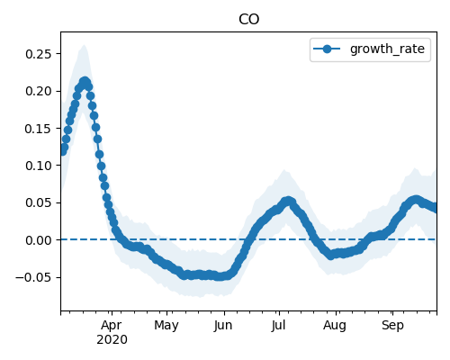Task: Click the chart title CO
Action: [x=248, y=20]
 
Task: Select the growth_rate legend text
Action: [x=387, y=49]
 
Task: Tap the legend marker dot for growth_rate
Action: [x=327, y=49]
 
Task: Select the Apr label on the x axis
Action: [x=112, y=326]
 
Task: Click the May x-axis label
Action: [x=166, y=326]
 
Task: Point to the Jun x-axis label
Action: [x=223, y=326]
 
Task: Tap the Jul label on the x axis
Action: [x=278, y=326]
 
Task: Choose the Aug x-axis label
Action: [x=335, y=326]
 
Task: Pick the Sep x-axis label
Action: [x=392, y=326]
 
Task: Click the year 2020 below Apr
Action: [x=112, y=340]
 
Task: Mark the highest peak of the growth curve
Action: [x=85, y=81]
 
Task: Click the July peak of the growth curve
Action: [x=288, y=201]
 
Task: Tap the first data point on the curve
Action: [x=62, y=151]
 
